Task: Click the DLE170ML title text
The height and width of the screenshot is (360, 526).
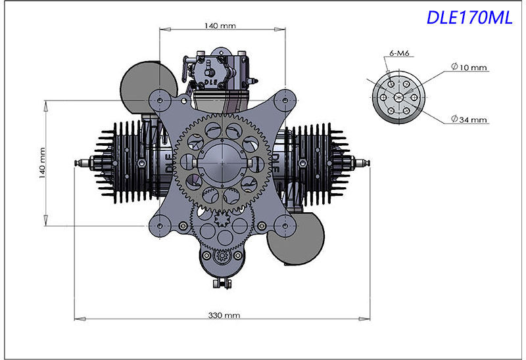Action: [469, 18]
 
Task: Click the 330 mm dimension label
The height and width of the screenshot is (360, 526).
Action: [224, 315]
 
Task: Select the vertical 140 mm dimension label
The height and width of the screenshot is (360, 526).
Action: [42, 162]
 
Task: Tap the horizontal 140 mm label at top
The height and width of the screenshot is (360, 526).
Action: [220, 26]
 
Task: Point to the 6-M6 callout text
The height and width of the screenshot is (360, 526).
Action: [399, 53]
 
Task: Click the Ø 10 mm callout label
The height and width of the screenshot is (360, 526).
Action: [469, 67]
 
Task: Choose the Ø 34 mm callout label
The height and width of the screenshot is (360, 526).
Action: [469, 120]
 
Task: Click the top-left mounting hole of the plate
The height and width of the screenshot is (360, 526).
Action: [160, 100]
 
